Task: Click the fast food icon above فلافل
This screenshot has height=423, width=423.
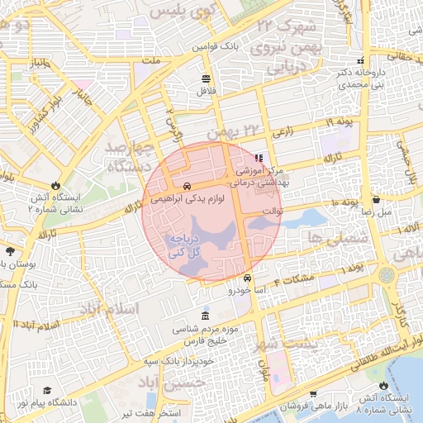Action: [206, 78]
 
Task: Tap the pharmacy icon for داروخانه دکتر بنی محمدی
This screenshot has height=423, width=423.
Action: [359, 61]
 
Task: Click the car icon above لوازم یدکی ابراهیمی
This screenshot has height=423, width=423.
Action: [188, 186]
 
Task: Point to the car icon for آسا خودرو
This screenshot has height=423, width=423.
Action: [248, 278]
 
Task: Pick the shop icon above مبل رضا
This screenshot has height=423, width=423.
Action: [376, 199]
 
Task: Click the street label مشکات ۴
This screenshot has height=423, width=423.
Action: [297, 280]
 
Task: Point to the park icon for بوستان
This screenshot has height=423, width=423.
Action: [10, 251]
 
